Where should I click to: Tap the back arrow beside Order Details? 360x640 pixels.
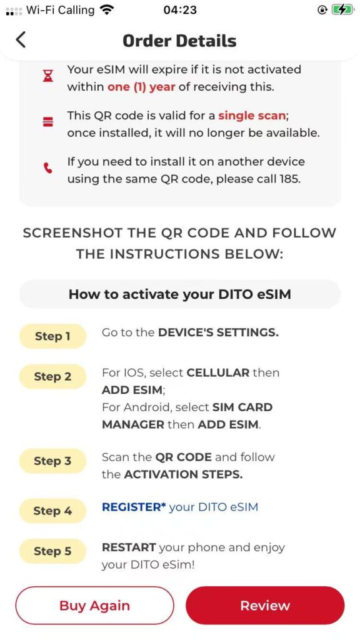pos(21,40)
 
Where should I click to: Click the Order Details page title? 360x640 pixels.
pos(179,41)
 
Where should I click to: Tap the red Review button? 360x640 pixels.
pos(265,605)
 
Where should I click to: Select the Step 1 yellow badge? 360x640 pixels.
pos(52,336)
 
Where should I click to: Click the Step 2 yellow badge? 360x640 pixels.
pos(52,376)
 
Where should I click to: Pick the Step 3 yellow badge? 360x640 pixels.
pos(52,461)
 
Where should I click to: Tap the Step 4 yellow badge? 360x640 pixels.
pos(52,511)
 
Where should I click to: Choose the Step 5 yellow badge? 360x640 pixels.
pos(52,551)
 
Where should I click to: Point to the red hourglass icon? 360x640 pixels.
pos(49,76)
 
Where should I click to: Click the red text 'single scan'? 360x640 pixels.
pos(252,116)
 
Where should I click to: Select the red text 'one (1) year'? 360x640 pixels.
pos(141,87)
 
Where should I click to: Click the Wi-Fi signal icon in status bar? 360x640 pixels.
pos(107,10)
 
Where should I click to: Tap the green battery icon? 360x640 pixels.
pos(342,10)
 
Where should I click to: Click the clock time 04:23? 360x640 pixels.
pos(179,10)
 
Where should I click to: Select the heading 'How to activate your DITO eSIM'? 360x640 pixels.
pos(179,294)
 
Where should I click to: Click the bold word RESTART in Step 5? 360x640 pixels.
pos(129,547)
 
